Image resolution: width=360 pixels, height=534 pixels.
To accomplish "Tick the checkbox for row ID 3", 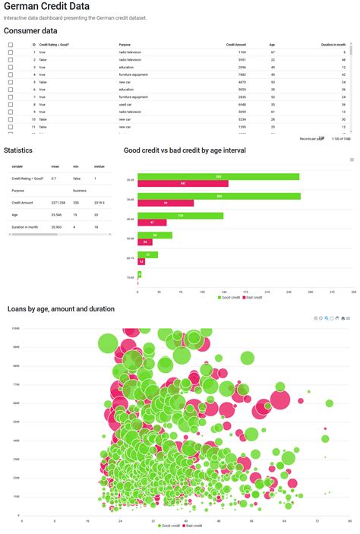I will (x=10, y=68).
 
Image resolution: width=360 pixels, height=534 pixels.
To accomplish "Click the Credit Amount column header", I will (x=235, y=45).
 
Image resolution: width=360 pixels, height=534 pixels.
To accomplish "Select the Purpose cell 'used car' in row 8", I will (x=128, y=105).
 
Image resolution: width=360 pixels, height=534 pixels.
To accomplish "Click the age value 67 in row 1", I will (x=272, y=52).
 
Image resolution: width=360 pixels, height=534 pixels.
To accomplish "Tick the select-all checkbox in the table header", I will (x=10, y=45).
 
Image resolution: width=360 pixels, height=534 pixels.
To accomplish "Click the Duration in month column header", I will (x=333, y=45).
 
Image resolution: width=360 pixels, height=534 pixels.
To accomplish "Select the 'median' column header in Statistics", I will (x=99, y=166).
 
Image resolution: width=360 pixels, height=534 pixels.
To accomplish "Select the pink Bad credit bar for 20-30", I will (x=183, y=184).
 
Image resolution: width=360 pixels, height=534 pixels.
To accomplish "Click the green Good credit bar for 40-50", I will (x=180, y=216).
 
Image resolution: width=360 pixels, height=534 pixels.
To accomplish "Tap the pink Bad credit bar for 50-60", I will (x=145, y=242).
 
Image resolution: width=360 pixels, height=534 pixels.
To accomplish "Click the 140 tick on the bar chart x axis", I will (x=224, y=292).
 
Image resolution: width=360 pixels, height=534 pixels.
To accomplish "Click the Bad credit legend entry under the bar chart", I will (x=253, y=298).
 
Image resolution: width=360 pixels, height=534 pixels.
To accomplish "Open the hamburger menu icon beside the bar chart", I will (x=352, y=160).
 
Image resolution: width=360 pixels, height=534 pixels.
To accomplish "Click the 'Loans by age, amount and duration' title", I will (x=61, y=309).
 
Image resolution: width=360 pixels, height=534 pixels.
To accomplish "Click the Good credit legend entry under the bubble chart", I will (x=168, y=526).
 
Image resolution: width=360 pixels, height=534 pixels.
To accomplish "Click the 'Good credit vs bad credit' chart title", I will (x=185, y=150).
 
